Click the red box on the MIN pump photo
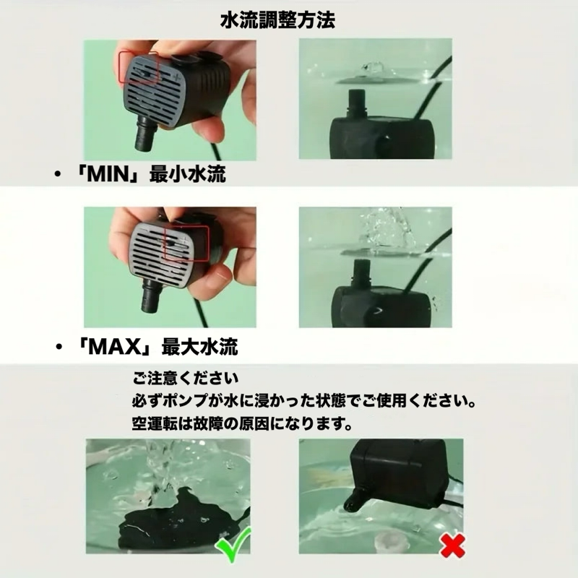(x=139, y=69)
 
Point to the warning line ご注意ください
(x=184, y=378)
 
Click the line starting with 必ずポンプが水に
(x=303, y=400)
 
